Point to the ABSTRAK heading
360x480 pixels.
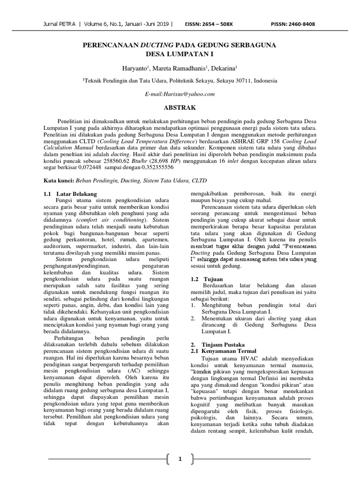click(180, 107)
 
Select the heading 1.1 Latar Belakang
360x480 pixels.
click(71, 194)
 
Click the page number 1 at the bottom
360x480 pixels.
click(180, 459)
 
